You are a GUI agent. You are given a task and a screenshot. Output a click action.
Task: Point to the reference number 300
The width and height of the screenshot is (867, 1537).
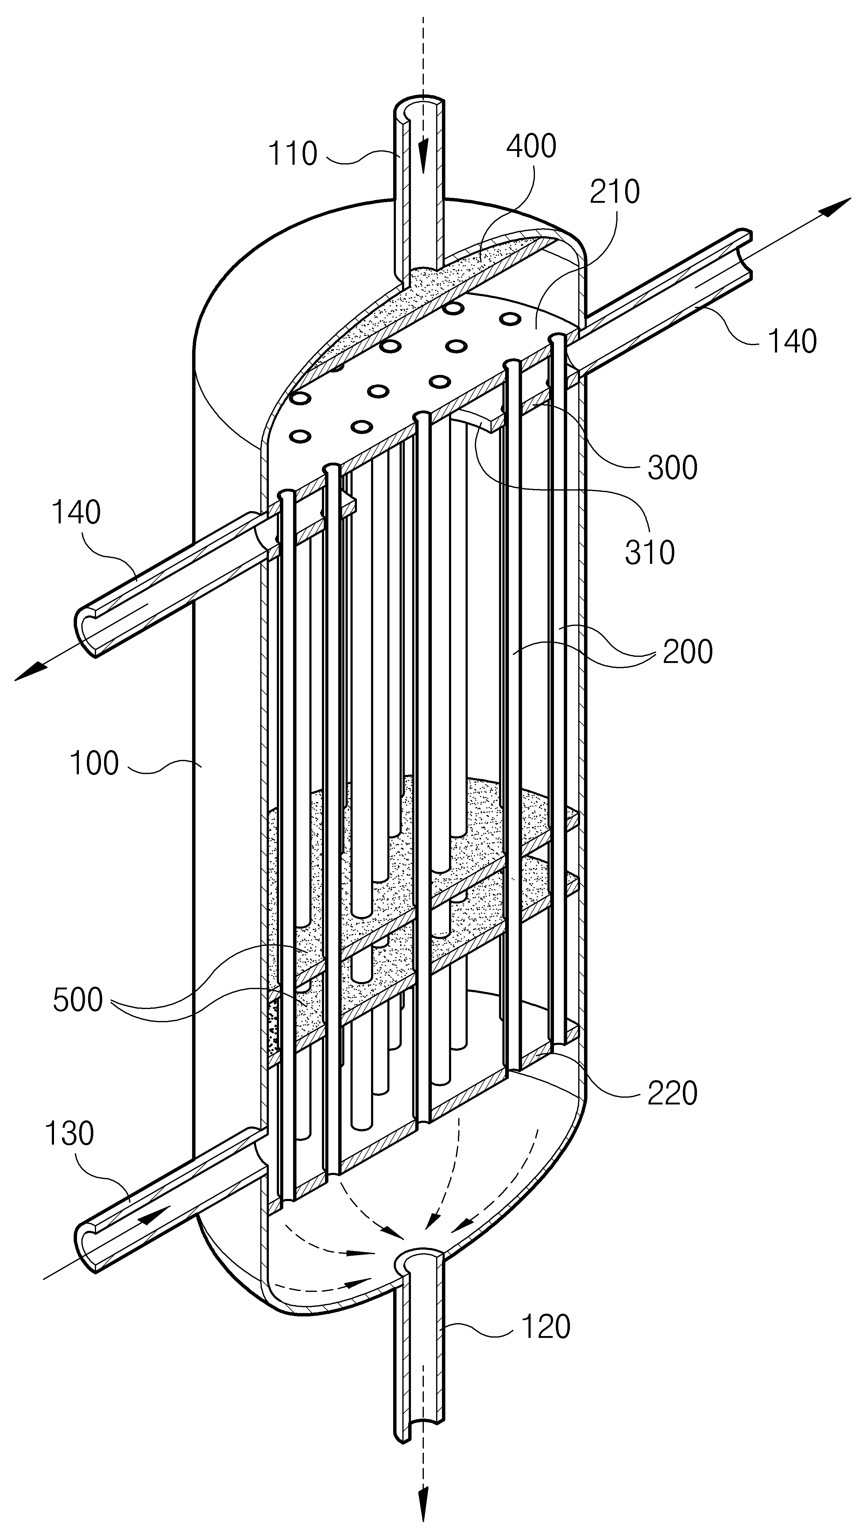(672, 468)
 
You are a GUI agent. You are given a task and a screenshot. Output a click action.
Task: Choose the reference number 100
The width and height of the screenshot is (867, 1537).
(94, 764)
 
